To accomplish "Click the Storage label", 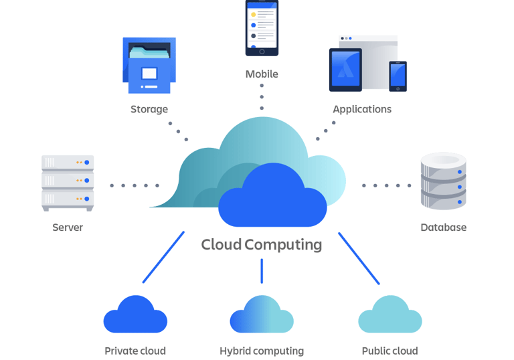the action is (149, 109).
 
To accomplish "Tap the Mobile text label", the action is (262, 74).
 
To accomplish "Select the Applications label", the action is (362, 109).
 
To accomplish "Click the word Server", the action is (68, 228).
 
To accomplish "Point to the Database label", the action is (444, 228).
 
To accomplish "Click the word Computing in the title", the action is (283, 245).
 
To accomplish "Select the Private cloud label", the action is (135, 351).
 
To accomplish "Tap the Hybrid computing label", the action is (262, 351).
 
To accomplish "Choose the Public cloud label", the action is (390, 351).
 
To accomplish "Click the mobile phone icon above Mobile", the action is (262, 28).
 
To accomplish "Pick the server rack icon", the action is (68, 183).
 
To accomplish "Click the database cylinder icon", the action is (444, 181).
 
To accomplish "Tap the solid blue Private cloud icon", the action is (135, 314).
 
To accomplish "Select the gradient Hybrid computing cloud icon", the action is (262, 314).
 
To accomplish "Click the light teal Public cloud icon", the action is (390, 314).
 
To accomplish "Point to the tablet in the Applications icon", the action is (345, 70).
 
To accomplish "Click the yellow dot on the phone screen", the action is (254, 15).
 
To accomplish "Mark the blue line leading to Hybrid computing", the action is (262, 271).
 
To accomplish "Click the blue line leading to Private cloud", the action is (163, 257).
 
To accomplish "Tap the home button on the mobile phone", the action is (262, 52).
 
